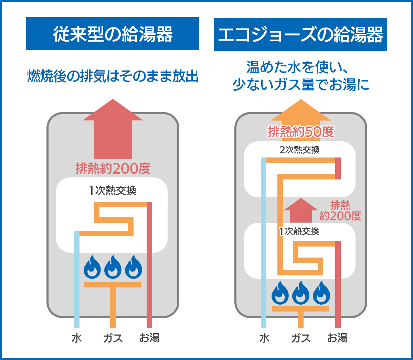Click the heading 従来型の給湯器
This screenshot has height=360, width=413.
tap(113, 34)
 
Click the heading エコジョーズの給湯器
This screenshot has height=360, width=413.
tap(300, 35)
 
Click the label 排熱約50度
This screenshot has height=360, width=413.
tap(301, 131)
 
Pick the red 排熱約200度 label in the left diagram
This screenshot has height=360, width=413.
tap(113, 168)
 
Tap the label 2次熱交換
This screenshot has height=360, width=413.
tap(299, 150)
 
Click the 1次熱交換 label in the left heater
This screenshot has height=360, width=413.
tap(113, 190)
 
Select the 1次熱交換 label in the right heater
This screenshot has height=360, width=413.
tap(299, 231)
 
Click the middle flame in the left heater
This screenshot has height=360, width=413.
tap(113, 267)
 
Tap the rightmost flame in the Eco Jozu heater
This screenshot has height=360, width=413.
tap(321, 293)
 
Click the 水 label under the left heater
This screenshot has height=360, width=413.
tap(77, 338)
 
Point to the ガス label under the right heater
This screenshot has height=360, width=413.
tap(301, 338)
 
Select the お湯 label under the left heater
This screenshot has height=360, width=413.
tap(149, 338)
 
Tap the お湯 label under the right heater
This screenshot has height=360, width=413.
tap(337, 338)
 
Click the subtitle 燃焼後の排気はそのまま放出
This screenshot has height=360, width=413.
tap(113, 76)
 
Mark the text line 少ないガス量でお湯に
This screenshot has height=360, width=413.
tap(301, 85)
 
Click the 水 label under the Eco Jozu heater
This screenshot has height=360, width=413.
tap(264, 338)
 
